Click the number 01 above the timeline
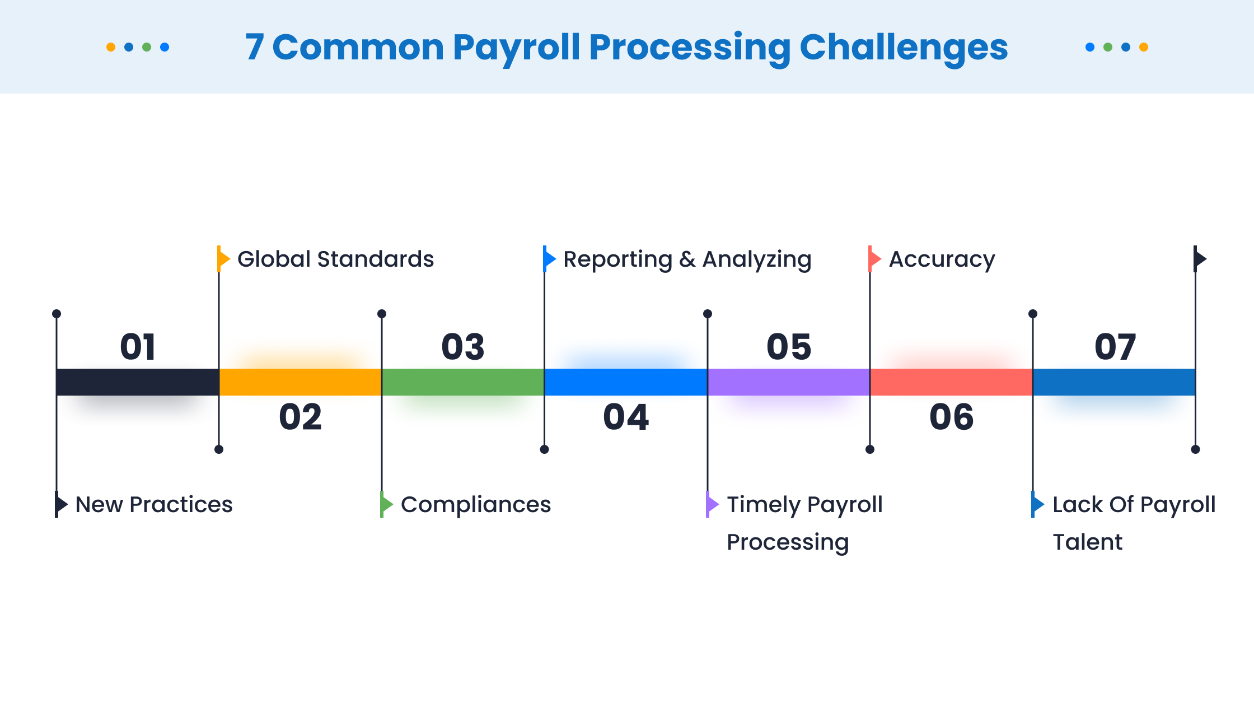pyautogui.click(x=138, y=347)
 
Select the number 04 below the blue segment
pyautogui.click(x=626, y=417)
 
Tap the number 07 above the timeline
pyautogui.click(x=1115, y=347)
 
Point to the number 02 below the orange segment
pyautogui.click(x=301, y=417)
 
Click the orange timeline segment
pyautogui.click(x=300, y=382)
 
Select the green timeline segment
pyautogui.click(x=463, y=382)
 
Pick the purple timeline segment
pyautogui.click(x=789, y=382)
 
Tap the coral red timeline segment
pyautogui.click(x=951, y=382)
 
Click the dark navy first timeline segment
pyautogui.click(x=138, y=382)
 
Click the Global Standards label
pyautogui.click(x=335, y=259)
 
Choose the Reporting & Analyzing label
pyautogui.click(x=687, y=260)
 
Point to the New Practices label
pyautogui.click(x=154, y=505)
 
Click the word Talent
pyautogui.click(x=1087, y=542)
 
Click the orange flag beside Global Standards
pyautogui.click(x=223, y=259)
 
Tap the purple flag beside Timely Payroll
pyautogui.click(x=712, y=504)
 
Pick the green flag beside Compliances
pyautogui.click(x=386, y=504)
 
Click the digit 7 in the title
pyautogui.click(x=255, y=47)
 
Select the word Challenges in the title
pyautogui.click(x=904, y=48)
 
